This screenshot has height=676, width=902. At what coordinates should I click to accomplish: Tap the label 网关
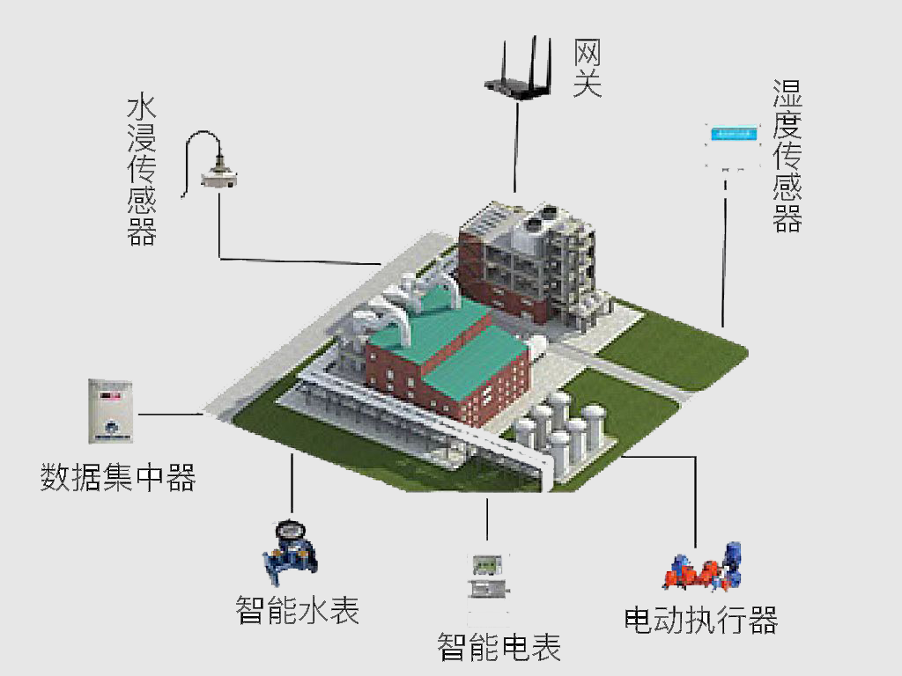587,68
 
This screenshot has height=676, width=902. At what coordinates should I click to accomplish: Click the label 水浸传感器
142,171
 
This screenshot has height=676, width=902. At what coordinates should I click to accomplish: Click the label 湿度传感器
787,156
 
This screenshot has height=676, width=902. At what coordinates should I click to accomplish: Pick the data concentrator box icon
110,411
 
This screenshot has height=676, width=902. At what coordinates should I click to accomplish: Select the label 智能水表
298,610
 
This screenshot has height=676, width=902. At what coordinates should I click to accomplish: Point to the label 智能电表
499,647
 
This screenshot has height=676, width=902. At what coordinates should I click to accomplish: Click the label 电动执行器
700,620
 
